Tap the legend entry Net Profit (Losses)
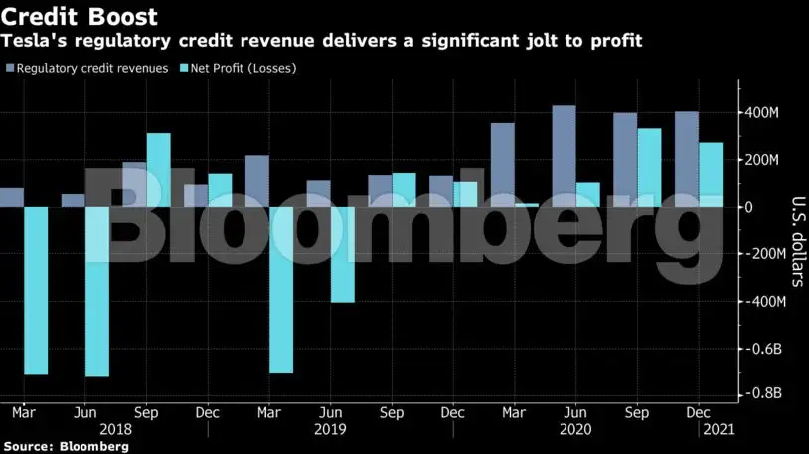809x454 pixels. click(x=238, y=68)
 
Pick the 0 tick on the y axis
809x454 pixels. click(x=751, y=207)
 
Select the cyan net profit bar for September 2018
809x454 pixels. click(x=159, y=170)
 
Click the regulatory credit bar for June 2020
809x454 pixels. click(x=564, y=156)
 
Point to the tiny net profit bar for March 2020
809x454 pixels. click(x=527, y=205)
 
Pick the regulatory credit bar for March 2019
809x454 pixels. click(x=256, y=181)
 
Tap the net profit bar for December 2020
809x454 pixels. click(x=711, y=175)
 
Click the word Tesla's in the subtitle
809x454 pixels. click(x=33, y=41)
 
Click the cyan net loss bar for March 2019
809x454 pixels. click(x=281, y=289)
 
